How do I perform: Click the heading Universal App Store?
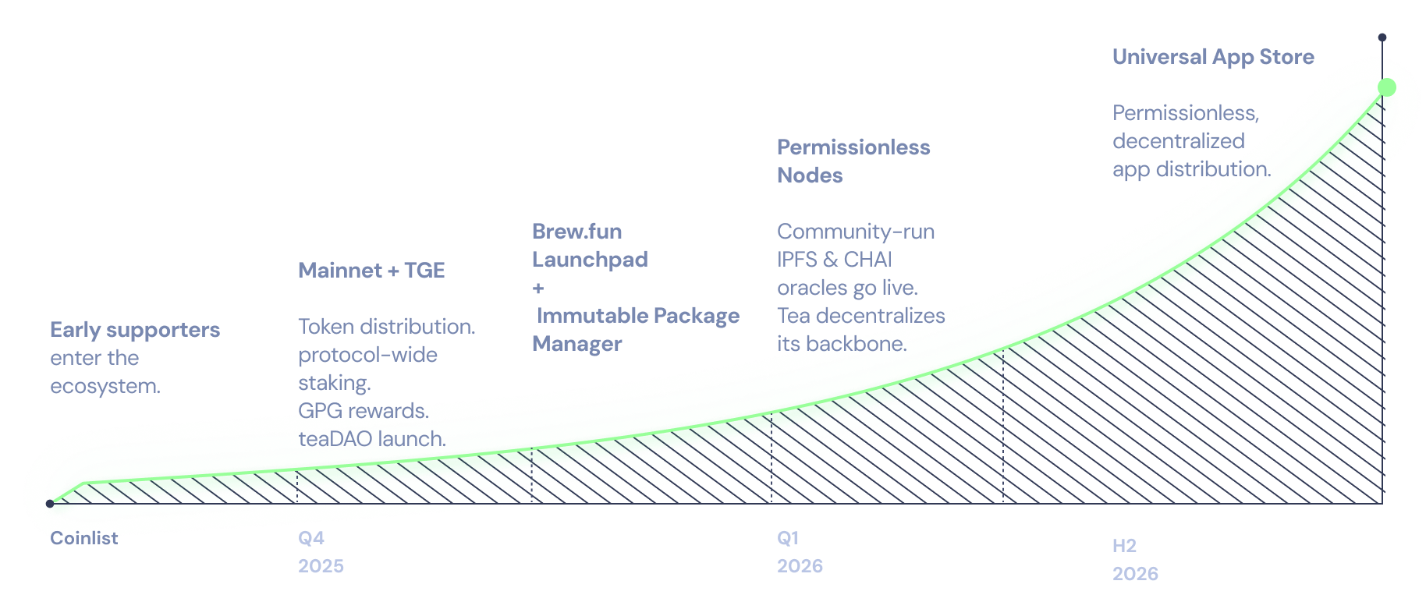(x=1213, y=57)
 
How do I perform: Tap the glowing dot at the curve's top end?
(x=1386, y=87)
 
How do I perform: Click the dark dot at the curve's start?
(x=50, y=504)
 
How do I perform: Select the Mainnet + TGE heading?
(x=371, y=271)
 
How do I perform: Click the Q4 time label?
(x=311, y=538)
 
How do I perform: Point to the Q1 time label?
(x=788, y=538)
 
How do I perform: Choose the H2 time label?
(x=1124, y=546)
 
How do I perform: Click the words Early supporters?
(x=135, y=330)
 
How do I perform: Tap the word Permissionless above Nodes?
(x=853, y=147)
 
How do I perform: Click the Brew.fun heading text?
(x=576, y=232)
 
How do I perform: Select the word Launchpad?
(x=590, y=260)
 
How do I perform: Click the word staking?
(x=334, y=383)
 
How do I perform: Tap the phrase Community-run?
(x=856, y=232)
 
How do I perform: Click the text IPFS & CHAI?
(x=834, y=260)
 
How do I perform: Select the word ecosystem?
(x=105, y=386)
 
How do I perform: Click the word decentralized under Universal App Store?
(x=1178, y=141)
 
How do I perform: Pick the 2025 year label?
(x=321, y=566)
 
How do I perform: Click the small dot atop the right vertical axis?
(x=1382, y=37)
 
